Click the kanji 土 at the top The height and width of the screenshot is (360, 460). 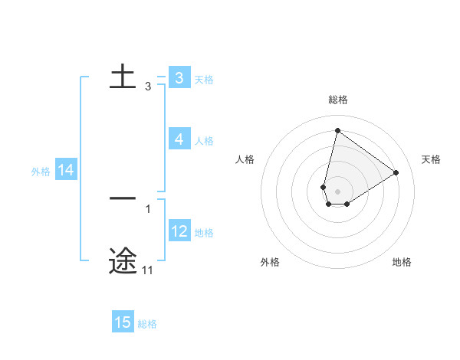(123, 77)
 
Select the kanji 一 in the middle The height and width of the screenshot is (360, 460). (123, 198)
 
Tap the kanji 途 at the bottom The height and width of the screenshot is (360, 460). (123, 261)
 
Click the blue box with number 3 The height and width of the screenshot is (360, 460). (179, 78)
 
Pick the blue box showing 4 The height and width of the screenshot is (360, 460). (179, 139)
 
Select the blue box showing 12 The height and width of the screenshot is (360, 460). (179, 231)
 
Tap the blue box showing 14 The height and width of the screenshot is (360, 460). (66, 171)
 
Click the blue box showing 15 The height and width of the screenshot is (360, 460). (123, 322)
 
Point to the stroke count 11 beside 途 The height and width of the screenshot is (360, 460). (147, 270)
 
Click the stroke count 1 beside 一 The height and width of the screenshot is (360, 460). (147, 208)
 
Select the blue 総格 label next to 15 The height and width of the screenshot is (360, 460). (147, 324)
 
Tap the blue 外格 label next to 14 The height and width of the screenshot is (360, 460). (41, 172)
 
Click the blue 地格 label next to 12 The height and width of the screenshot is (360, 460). (204, 233)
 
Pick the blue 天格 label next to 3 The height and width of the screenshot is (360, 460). (204, 80)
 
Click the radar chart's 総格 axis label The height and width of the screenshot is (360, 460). (337, 100)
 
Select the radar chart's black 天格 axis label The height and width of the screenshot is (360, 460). (431, 159)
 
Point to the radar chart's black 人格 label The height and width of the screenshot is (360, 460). (245, 159)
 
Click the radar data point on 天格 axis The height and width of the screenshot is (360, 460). (396, 172)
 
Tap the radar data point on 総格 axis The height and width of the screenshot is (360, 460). (337, 129)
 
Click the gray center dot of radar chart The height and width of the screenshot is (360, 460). (337, 191)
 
